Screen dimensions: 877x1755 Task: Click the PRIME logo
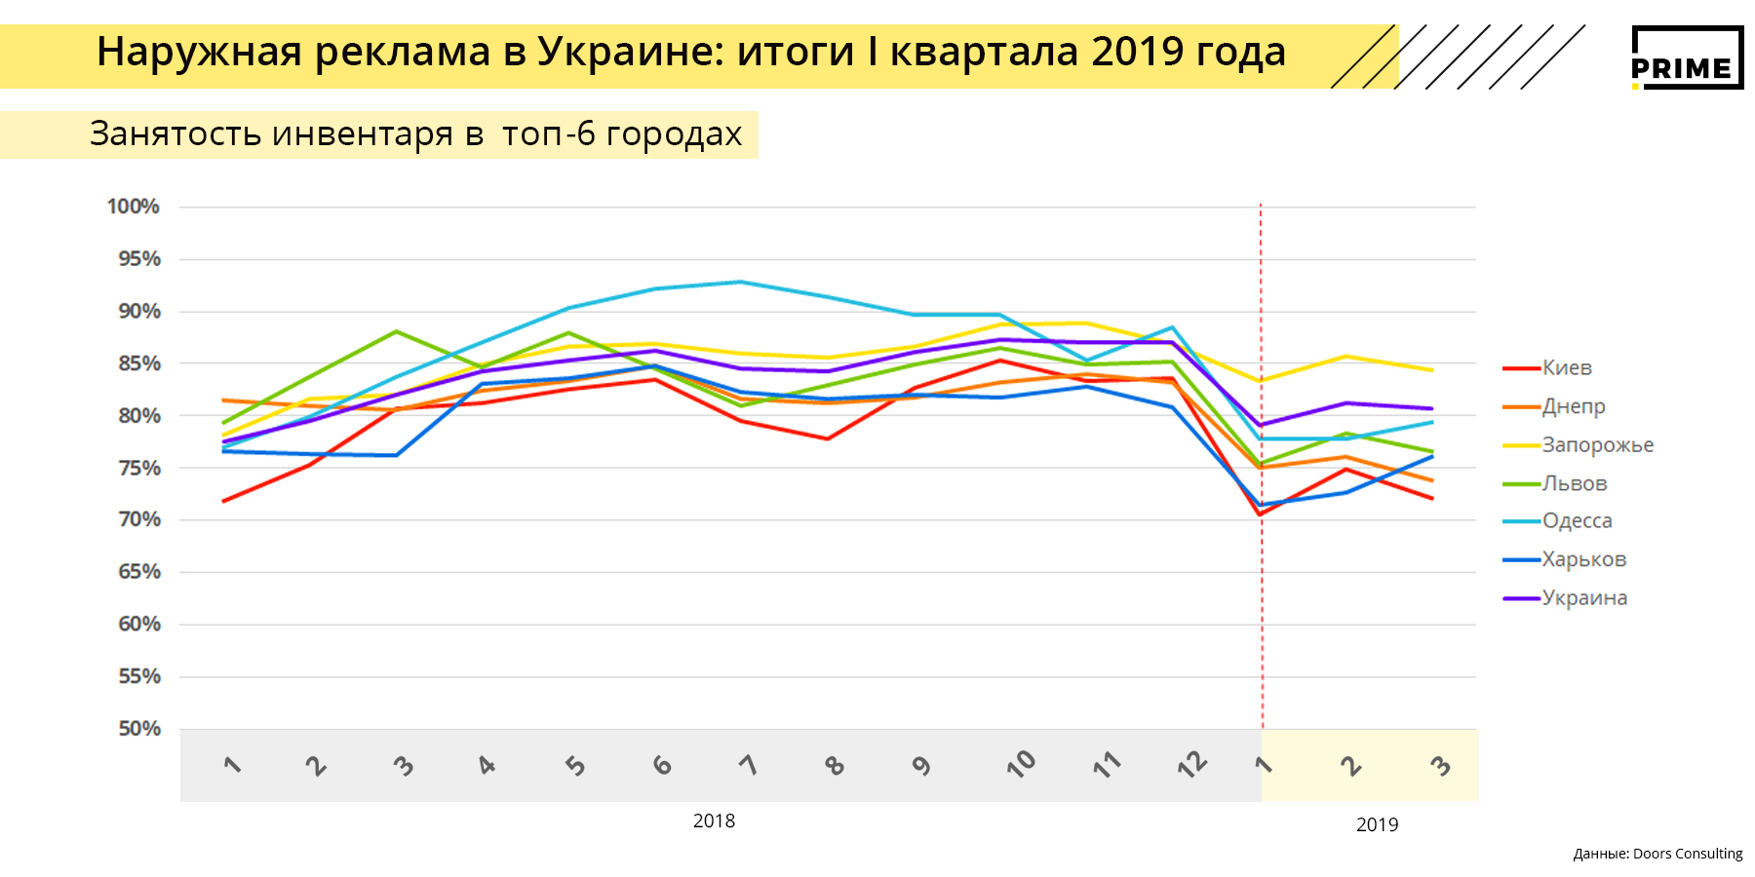1687,57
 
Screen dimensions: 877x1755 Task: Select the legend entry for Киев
1566,368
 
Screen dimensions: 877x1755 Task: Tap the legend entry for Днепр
1573,406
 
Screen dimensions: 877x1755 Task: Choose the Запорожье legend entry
1597,445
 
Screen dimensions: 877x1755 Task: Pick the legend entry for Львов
1574,483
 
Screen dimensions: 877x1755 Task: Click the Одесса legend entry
1577,521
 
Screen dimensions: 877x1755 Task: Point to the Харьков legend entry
1583,559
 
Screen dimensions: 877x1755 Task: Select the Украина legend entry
1584,597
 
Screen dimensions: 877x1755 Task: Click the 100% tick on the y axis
134,207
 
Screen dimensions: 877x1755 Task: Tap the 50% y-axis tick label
139,729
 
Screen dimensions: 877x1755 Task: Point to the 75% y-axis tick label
139,468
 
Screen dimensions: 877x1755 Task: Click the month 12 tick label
1191,765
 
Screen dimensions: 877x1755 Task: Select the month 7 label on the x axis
749,765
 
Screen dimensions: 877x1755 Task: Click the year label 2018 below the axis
714,821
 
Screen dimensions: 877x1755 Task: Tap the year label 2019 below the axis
1377,825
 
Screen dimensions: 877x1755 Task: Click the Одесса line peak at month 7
740,283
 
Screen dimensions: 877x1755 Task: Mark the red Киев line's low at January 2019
1261,515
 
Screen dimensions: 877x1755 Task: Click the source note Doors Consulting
1687,854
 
